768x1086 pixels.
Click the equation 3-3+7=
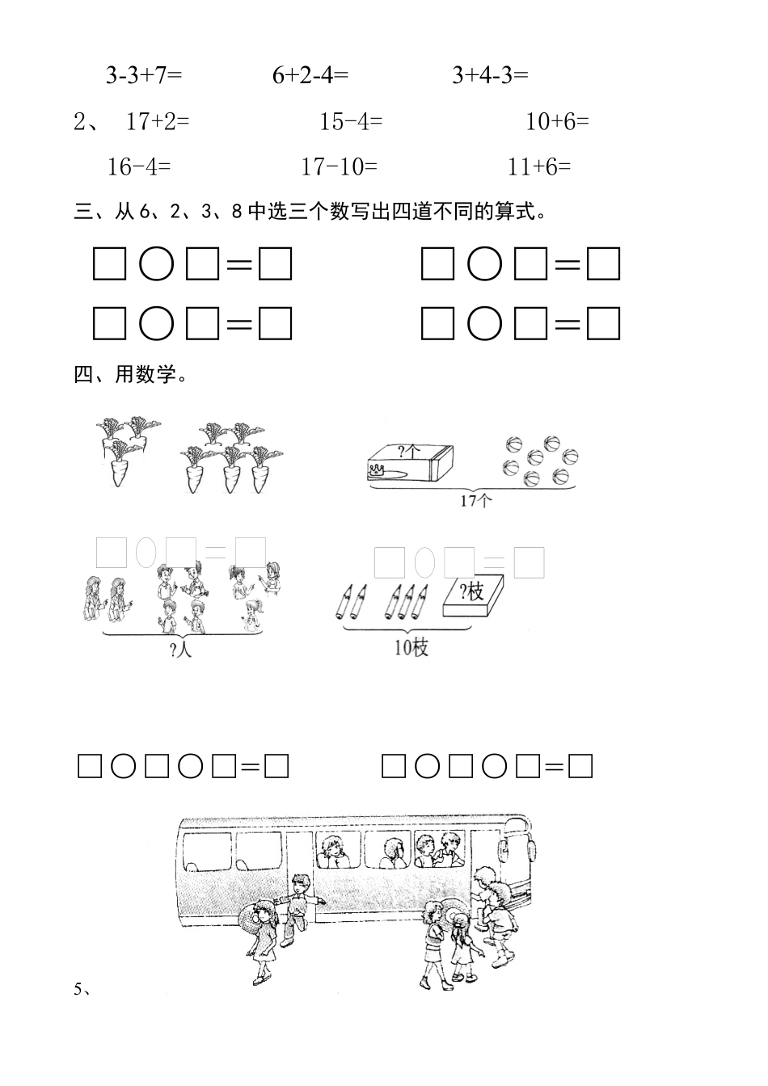tap(144, 75)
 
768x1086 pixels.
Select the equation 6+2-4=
tap(310, 75)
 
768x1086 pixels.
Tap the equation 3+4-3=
tap(490, 75)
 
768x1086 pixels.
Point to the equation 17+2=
tap(158, 122)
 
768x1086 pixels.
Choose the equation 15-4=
tap(351, 122)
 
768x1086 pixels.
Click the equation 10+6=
tap(557, 122)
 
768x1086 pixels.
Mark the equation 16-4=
tap(139, 167)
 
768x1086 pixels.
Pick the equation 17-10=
tap(339, 167)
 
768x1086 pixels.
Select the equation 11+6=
tap(539, 167)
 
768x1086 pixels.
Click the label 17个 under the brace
tap(475, 501)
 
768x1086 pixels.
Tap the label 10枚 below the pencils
tap(411, 647)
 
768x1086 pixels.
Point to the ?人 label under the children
tap(181, 649)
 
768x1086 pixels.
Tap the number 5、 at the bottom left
tap(82, 988)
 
